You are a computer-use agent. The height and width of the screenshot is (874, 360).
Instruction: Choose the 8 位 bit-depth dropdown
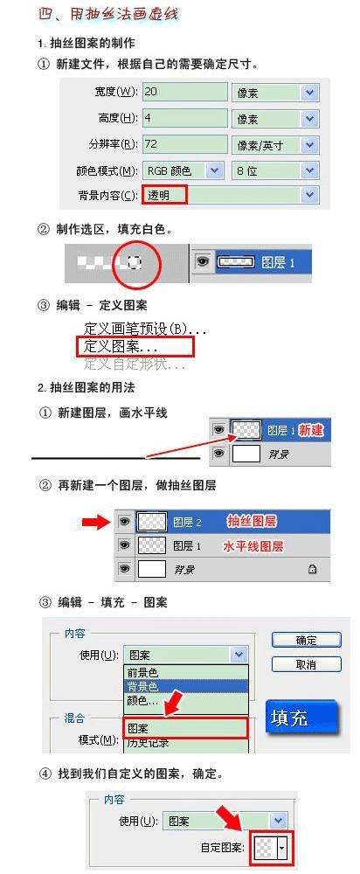click(x=275, y=170)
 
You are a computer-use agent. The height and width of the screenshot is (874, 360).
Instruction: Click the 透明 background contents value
click(x=165, y=195)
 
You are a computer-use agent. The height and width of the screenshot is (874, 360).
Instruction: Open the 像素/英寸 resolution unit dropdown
click(x=275, y=144)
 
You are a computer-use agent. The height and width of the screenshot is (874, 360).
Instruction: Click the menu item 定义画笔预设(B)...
click(x=145, y=329)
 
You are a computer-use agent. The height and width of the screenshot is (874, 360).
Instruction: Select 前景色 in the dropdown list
click(x=143, y=673)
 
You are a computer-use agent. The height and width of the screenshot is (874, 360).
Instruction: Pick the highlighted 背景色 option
click(x=143, y=687)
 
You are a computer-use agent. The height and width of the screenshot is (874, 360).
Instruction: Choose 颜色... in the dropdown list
click(x=143, y=701)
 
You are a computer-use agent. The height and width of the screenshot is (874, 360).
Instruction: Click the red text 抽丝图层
click(x=252, y=522)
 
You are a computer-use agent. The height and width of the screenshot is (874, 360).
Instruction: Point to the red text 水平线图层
click(x=253, y=546)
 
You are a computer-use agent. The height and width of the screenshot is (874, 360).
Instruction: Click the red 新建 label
click(x=311, y=431)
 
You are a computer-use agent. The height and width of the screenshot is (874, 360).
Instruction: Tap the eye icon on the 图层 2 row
click(x=125, y=522)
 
